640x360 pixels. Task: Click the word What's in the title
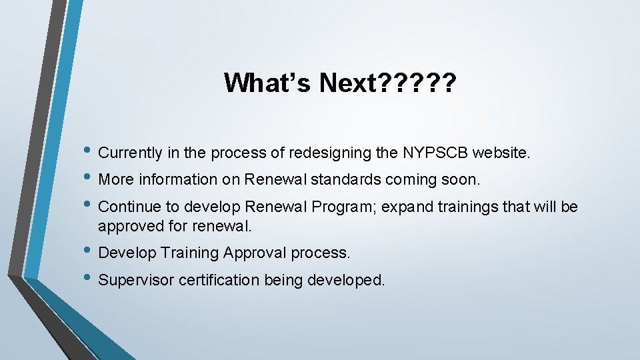point(267,83)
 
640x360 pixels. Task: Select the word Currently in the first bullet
point(130,153)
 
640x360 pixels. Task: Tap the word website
point(502,153)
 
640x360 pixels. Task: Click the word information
point(179,180)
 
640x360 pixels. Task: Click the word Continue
point(125,207)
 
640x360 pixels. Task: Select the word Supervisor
point(135,280)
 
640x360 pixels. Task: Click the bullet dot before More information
point(89,179)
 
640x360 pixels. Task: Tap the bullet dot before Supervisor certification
point(89,279)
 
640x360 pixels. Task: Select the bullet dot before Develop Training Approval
point(89,253)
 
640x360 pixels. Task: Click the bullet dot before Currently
point(89,153)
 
